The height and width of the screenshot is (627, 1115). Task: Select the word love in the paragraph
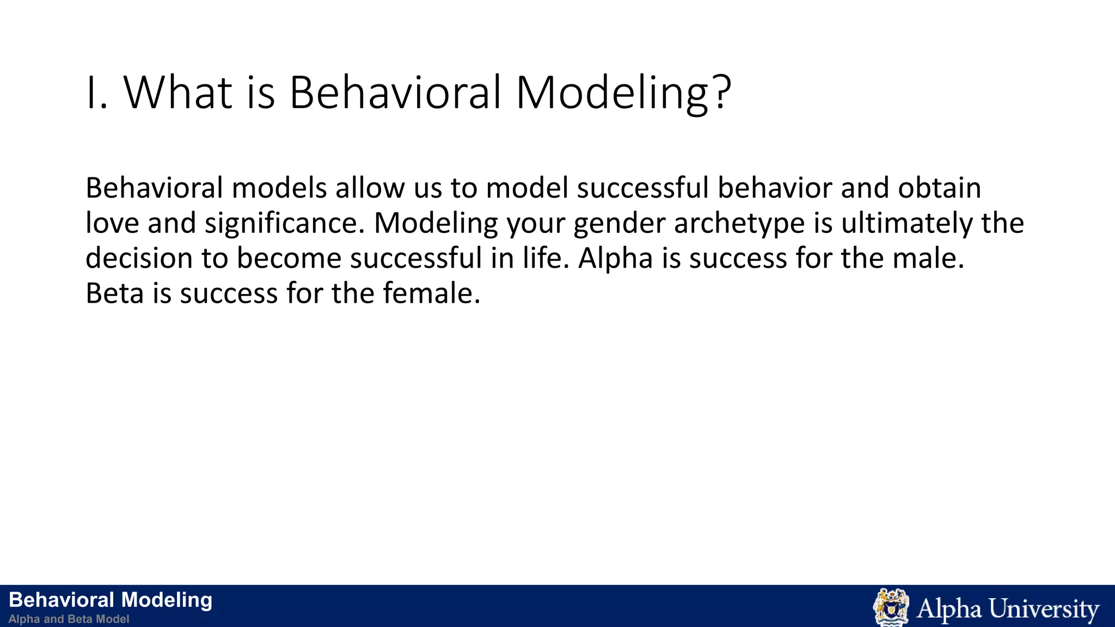tap(113, 224)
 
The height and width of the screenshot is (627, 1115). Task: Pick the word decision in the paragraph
tap(139, 259)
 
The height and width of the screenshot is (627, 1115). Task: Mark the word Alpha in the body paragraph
tap(615, 259)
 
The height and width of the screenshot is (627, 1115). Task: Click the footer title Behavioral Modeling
tap(111, 600)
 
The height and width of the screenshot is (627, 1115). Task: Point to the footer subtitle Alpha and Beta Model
tap(69, 619)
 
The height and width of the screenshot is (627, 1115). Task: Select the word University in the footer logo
tap(1044, 608)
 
